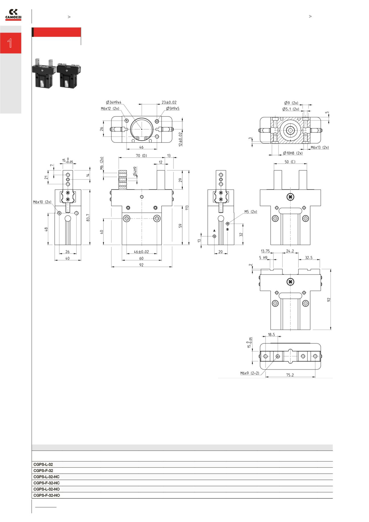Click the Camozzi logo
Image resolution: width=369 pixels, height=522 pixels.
[x=13, y=15]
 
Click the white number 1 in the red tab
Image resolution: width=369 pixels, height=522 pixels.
[x=10, y=43]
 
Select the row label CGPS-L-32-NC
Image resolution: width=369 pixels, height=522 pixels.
[x=47, y=477]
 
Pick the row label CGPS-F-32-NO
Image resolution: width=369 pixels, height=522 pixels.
[x=47, y=495]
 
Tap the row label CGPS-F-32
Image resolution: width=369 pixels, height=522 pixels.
[x=43, y=471]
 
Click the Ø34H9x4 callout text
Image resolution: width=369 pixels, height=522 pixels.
[x=114, y=102]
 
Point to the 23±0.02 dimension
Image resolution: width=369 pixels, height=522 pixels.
[x=169, y=102]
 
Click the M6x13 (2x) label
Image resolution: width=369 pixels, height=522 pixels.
[x=320, y=148]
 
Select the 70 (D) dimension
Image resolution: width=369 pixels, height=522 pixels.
[x=141, y=156]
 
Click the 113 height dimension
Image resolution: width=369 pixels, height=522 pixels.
[x=187, y=207]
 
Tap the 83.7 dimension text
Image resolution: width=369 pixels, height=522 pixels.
[x=88, y=217]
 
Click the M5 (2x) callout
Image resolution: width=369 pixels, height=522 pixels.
[x=251, y=212]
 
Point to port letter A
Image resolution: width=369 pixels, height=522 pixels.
[x=214, y=231]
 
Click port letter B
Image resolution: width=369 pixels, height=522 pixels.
[x=227, y=229]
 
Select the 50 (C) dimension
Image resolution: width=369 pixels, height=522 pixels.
[x=290, y=162]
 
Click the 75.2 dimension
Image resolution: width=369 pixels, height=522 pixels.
[x=290, y=375]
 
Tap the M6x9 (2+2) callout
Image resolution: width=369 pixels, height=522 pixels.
[x=250, y=373]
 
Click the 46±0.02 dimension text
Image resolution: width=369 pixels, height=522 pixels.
[x=141, y=252]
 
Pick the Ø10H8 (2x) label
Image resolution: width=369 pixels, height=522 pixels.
[x=293, y=153]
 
